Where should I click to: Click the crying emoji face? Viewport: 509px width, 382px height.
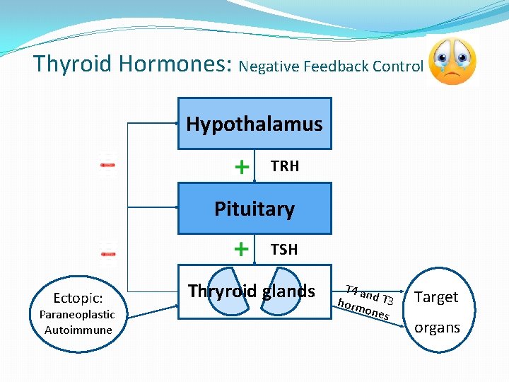pos(452,62)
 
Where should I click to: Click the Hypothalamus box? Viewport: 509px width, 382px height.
pos(254,124)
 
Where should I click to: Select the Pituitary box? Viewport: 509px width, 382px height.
pos(254,209)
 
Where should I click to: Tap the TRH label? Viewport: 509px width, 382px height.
pos(285,166)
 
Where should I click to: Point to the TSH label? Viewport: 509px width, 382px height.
pos(284,250)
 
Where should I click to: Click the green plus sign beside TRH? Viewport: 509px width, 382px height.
pos(242,167)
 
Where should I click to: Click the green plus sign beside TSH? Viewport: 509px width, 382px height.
pos(242,250)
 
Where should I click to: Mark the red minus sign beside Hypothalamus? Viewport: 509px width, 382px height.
pos(107,165)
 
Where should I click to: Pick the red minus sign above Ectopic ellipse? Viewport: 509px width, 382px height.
pos(107,251)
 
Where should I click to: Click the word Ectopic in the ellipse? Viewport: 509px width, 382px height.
pos(78,299)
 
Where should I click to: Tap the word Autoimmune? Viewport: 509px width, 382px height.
pos(78,330)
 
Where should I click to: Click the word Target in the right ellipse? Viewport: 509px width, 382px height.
pos(436,297)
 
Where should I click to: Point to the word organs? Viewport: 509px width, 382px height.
pos(437,328)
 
